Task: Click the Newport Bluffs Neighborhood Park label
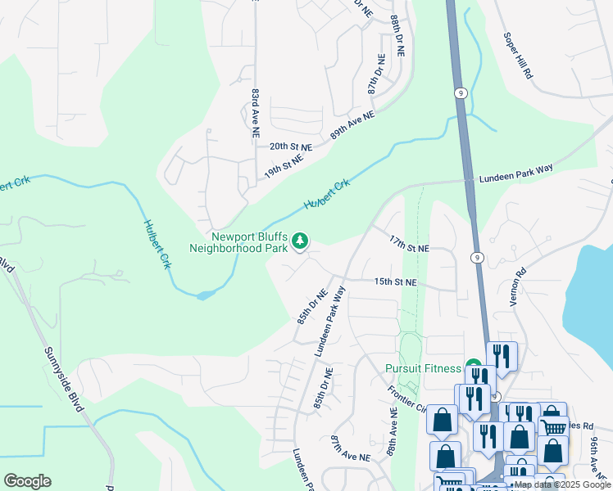pyautogui.click(x=238, y=241)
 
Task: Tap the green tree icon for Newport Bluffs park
pyautogui.click(x=301, y=241)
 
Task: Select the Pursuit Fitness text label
pyautogui.click(x=422, y=368)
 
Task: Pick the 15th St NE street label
pyautogui.click(x=396, y=282)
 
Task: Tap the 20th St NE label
pyautogui.click(x=291, y=147)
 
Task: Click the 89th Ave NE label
pyautogui.click(x=352, y=128)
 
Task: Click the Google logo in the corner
pyautogui.click(x=27, y=481)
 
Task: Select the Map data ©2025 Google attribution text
pyautogui.click(x=561, y=485)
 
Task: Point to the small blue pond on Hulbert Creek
pyautogui.click(x=205, y=293)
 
